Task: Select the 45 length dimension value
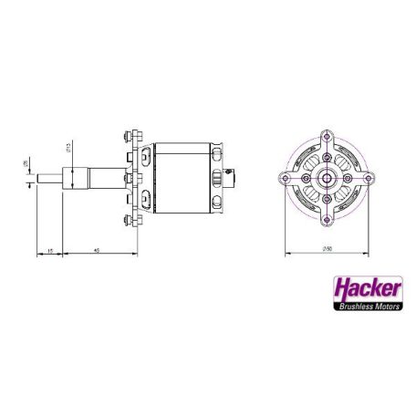[x=96, y=249]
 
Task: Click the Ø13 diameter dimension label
[x=71, y=151]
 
